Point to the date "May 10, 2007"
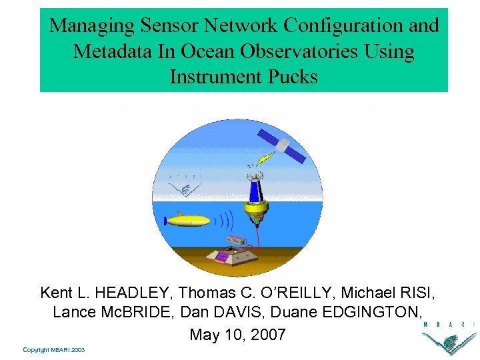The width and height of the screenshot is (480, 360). pyautogui.click(x=237, y=334)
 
